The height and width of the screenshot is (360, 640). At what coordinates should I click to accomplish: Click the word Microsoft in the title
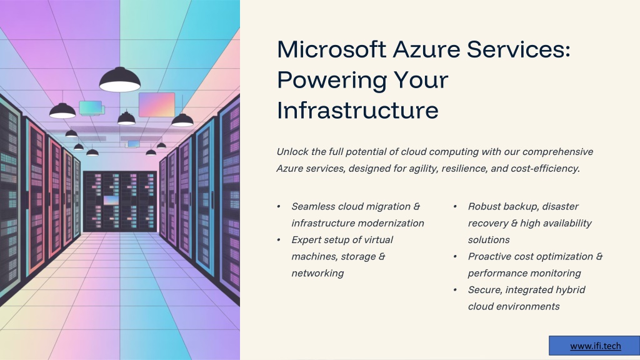point(331,49)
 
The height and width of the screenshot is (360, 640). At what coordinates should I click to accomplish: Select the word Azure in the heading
point(426,49)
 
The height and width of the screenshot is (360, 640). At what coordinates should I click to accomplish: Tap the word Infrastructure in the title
point(357,110)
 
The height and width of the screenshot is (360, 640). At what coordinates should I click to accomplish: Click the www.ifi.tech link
point(596,346)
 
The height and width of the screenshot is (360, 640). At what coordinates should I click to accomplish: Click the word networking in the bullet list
point(317,274)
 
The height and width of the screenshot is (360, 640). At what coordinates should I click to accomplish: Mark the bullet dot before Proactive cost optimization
point(455,257)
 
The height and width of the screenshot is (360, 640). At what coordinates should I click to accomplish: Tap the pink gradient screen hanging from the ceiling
point(157,104)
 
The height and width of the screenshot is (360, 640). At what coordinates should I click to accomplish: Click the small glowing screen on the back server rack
point(111,201)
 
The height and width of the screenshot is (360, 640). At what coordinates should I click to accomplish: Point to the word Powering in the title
point(332,81)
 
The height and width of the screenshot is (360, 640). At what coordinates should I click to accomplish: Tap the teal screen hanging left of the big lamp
point(91,107)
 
